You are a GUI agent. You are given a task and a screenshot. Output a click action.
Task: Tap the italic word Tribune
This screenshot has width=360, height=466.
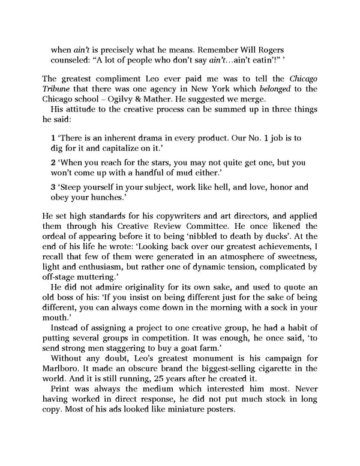click(x=59, y=90)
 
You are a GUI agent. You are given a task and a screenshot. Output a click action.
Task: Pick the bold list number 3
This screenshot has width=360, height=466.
click(x=53, y=187)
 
